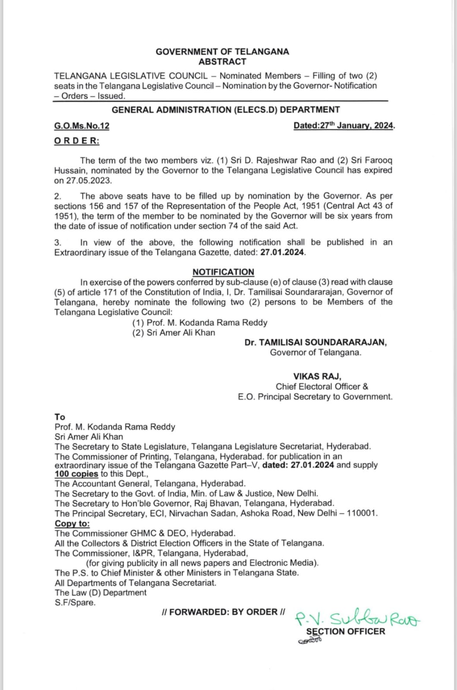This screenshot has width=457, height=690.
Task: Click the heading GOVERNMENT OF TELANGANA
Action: click(x=222, y=52)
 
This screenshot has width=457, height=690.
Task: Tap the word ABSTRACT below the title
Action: click(x=222, y=62)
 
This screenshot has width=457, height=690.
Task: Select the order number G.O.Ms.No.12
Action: click(x=82, y=126)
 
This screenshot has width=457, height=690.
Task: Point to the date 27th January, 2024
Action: click(x=344, y=125)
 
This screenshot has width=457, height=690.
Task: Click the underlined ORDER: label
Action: click(x=76, y=141)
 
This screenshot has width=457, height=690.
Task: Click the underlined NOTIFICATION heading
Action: click(x=223, y=272)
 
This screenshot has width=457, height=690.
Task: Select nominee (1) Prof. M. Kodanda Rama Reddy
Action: click(x=200, y=323)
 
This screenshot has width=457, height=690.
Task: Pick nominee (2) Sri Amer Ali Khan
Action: click(x=173, y=332)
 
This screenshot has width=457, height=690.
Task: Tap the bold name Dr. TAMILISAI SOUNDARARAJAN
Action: click(x=315, y=342)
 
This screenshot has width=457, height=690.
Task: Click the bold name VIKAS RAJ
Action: click(x=317, y=376)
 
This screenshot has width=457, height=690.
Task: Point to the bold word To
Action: click(x=60, y=417)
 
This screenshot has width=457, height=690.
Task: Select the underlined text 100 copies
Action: click(x=76, y=474)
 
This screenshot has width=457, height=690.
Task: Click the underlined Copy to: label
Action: click(x=72, y=524)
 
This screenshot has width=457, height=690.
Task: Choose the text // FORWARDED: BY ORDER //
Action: click(x=223, y=612)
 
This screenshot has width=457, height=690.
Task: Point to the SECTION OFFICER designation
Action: click(x=345, y=631)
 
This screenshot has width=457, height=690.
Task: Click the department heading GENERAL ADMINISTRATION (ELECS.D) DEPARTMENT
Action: click(x=226, y=110)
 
